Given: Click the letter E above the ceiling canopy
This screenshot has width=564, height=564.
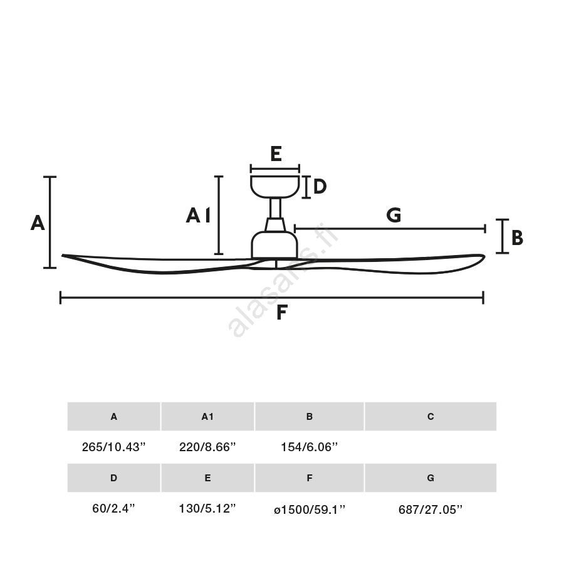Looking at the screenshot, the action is tap(276, 154).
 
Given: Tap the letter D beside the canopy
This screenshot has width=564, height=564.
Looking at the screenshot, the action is tap(320, 186).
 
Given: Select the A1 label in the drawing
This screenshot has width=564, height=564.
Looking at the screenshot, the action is tap(198, 216).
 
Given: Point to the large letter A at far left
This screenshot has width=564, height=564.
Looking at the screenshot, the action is tap(38, 222).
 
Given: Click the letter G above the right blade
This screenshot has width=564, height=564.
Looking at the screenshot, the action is tap(394, 215).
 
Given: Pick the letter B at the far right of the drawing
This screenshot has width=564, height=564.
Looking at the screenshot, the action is tap(517, 238).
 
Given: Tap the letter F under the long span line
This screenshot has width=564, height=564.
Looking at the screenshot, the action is tap(282, 312).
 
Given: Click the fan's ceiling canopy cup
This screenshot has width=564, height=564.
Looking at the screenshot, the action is tap(275, 187).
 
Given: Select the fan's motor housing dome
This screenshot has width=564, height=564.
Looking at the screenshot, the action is tap(274, 244).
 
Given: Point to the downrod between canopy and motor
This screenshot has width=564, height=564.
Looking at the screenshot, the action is tap(276, 208).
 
